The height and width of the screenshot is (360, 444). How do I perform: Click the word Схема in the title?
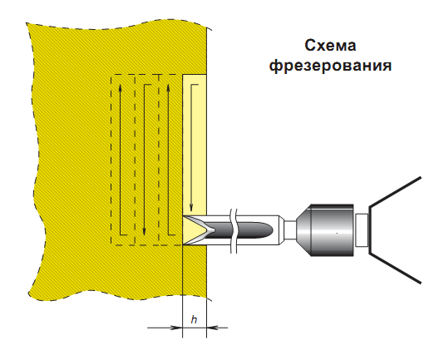[330, 46]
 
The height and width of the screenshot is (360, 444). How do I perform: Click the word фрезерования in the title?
[330, 67]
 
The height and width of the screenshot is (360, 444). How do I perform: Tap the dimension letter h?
[194, 320]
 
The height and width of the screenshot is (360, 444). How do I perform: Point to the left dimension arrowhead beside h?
[176, 328]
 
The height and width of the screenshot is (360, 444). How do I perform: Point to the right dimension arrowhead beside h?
[213, 328]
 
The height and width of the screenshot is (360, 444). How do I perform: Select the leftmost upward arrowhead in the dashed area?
[121, 89]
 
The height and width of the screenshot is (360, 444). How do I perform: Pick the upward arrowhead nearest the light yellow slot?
[169, 89]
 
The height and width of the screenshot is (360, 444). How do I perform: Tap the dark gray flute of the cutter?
[240, 230]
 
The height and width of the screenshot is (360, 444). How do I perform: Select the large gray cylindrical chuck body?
[332, 230]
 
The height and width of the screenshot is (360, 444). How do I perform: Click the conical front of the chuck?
[303, 230]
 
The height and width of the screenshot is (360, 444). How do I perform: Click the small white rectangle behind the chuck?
[362, 230]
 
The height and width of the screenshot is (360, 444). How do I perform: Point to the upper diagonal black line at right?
[395, 192]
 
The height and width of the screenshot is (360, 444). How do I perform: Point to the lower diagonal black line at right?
[395, 268]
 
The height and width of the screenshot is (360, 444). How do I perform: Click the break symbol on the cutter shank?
[234, 231]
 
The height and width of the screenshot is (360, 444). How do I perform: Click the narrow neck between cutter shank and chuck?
[290, 230]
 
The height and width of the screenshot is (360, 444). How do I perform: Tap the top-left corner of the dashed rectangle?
[111, 75]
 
